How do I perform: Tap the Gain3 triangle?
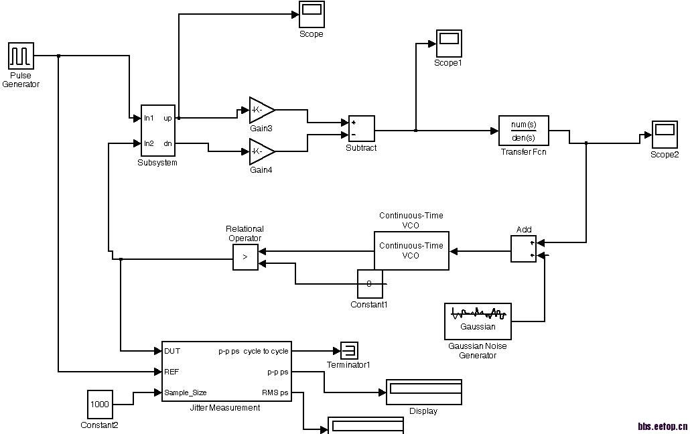click(261, 110)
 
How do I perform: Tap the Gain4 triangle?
click(261, 151)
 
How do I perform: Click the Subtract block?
click(361, 129)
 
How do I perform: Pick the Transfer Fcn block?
click(524, 131)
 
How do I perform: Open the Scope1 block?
click(448, 44)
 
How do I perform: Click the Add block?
click(523, 249)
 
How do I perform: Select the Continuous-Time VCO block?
click(411, 251)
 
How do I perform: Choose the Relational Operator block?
click(245, 257)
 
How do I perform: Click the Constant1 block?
click(370, 284)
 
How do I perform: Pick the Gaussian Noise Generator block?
click(478, 321)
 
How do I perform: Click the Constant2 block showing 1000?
click(100, 404)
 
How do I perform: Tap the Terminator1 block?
click(349, 350)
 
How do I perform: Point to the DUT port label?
click(172, 350)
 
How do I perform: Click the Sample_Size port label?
click(186, 392)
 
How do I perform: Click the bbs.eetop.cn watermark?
click(662, 425)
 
